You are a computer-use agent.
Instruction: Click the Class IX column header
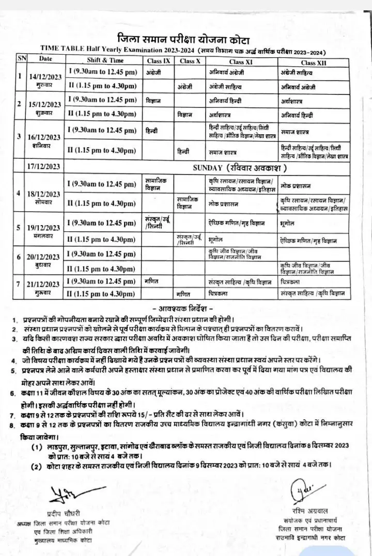point(158,61)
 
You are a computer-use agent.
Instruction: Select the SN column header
point(21,58)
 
